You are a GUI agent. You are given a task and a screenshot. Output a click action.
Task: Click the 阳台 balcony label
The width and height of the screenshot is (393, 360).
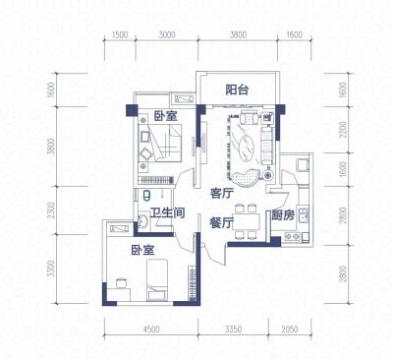(x=237, y=90)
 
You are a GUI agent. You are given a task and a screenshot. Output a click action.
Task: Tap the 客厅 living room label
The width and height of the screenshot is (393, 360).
(x=222, y=194)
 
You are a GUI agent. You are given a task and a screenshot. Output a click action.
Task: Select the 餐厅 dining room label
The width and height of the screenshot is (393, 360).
(x=221, y=223)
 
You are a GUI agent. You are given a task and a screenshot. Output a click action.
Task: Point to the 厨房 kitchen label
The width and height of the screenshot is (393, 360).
(x=283, y=215)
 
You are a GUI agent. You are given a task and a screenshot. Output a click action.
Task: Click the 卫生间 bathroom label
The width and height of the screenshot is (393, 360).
(x=167, y=213)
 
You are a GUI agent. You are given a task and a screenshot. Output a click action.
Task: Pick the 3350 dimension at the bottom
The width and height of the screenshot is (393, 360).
(x=233, y=329)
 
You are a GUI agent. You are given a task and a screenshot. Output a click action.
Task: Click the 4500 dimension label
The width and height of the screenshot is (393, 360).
(x=151, y=329)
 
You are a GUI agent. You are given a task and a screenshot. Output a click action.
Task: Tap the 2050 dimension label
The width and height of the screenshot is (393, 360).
(x=290, y=329)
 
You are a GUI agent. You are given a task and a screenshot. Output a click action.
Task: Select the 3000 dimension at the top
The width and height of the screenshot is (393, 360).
(x=167, y=34)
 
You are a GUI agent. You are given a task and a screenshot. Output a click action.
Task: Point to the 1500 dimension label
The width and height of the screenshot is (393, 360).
(x=119, y=34)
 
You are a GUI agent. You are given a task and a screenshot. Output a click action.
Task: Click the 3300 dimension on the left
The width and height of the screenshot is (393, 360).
(x=50, y=269)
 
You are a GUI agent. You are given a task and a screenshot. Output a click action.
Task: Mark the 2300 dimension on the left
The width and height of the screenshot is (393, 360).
(x=50, y=210)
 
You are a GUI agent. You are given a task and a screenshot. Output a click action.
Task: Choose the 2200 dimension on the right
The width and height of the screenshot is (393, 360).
(x=343, y=130)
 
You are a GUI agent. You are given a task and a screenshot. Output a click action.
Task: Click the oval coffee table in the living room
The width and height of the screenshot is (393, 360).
(x=248, y=150)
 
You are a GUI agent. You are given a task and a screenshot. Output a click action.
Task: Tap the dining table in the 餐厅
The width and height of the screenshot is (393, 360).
(x=248, y=221)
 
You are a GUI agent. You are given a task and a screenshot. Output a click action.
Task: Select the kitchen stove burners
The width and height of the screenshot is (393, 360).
(x=293, y=236)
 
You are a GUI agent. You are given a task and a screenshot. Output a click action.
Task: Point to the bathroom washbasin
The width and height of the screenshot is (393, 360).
(x=142, y=221)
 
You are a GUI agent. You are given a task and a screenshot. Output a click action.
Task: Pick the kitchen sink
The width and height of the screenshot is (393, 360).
(x=303, y=214)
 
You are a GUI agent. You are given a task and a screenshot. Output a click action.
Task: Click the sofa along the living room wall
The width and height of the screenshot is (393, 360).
(x=267, y=147)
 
